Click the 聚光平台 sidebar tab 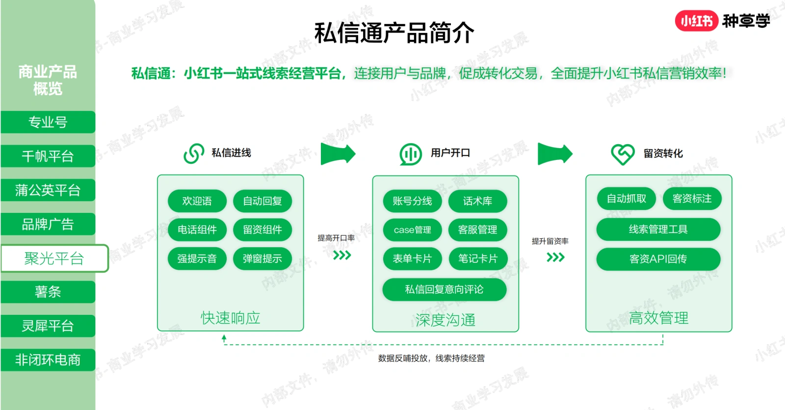pyautogui.click(x=54, y=258)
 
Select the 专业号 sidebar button pyautogui.click(x=48, y=122)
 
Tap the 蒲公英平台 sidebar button pyautogui.click(x=48, y=190)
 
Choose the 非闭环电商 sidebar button pyautogui.click(x=48, y=360)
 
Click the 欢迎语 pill pyautogui.click(x=197, y=201)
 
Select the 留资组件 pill pyautogui.click(x=262, y=230)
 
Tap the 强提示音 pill pyautogui.click(x=197, y=258)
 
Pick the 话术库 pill pyautogui.click(x=478, y=201)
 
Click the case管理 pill pyautogui.click(x=413, y=230)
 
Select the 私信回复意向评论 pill pyautogui.click(x=445, y=289)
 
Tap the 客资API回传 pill pyautogui.click(x=658, y=259)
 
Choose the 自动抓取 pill pyautogui.click(x=627, y=199)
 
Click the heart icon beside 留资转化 pyautogui.click(x=623, y=154)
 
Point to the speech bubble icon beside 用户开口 pyautogui.click(x=410, y=154)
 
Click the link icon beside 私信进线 pyautogui.click(x=194, y=154)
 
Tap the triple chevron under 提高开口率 pyautogui.click(x=342, y=255)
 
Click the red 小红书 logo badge pyautogui.click(x=697, y=21)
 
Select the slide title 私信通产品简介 pyautogui.click(x=394, y=32)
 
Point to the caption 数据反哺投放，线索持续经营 pyautogui.click(x=431, y=358)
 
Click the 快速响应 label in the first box pyautogui.click(x=231, y=318)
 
